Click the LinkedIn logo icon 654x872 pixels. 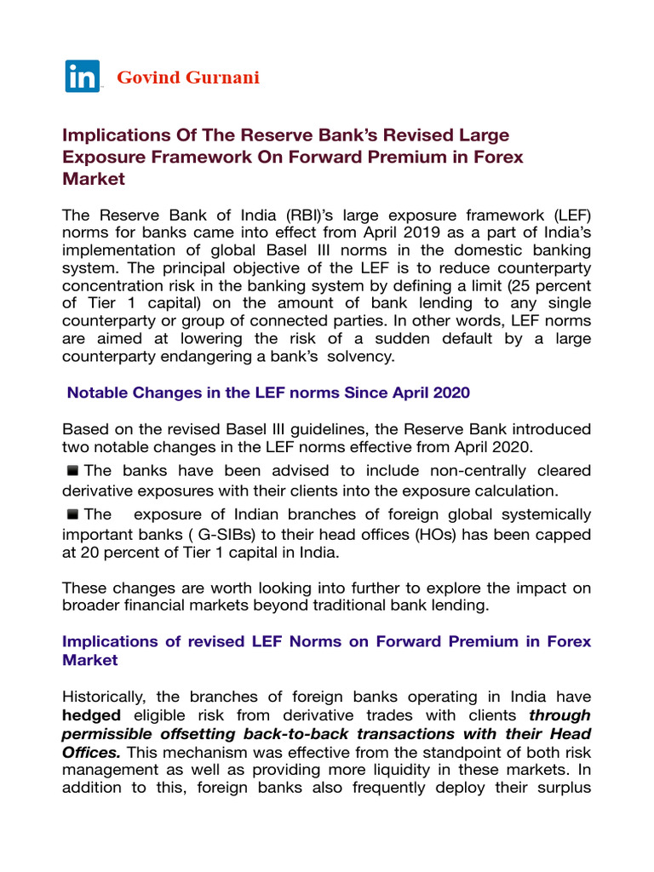point(83,77)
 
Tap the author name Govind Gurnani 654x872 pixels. point(188,78)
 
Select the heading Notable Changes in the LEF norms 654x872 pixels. point(268,393)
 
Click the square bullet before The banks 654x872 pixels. point(73,470)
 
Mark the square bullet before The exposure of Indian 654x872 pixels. point(73,513)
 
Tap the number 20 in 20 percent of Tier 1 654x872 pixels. point(89,552)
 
